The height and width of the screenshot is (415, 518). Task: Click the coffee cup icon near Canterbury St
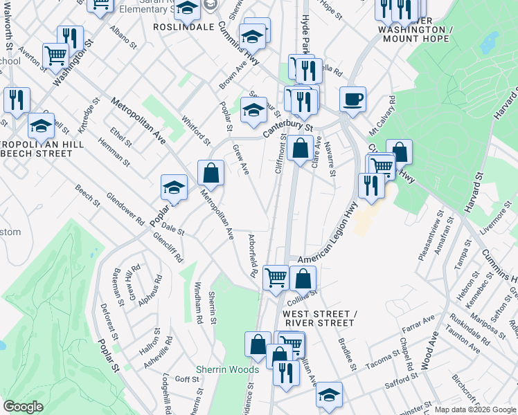tap(352, 98)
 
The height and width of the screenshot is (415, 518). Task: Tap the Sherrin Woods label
tap(227, 369)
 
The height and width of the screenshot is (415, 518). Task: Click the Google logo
tap(23, 407)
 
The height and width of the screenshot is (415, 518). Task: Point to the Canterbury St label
tap(287, 127)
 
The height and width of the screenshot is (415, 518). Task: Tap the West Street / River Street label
tap(319, 318)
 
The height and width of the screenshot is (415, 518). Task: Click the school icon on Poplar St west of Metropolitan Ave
tap(175, 187)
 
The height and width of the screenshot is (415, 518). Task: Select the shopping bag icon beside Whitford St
tap(211, 173)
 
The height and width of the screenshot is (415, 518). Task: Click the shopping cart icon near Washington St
tap(55, 55)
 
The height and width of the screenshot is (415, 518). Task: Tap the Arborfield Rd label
tap(253, 255)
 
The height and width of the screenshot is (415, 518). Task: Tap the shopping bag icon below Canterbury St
tap(300, 149)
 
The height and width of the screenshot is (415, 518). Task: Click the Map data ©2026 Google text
tap(475, 409)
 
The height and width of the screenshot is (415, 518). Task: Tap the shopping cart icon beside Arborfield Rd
tap(276, 277)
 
